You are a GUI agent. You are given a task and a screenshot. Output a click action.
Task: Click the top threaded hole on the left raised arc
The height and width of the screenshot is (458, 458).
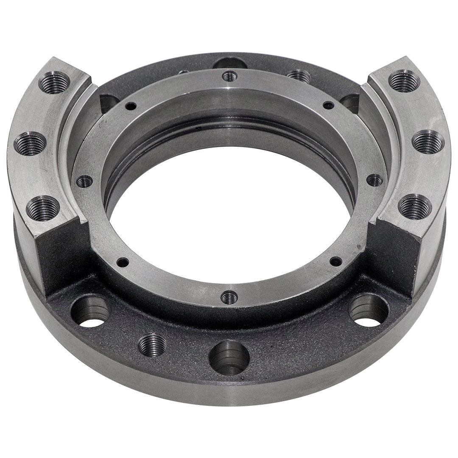pyautogui.click(x=54, y=82)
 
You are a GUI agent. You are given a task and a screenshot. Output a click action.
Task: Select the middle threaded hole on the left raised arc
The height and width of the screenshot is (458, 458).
pyautogui.click(x=30, y=143)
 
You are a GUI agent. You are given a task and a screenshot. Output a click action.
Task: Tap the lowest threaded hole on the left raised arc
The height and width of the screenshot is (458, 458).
pyautogui.click(x=42, y=208)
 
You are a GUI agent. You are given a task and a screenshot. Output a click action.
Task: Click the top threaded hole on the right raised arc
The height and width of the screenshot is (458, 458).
pyautogui.click(x=404, y=81)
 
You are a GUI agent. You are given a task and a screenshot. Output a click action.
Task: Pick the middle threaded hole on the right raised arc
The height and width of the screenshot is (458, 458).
pyautogui.click(x=428, y=142)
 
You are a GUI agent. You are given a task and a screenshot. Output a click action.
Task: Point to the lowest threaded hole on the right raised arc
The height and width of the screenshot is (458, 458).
pyautogui.click(x=415, y=206)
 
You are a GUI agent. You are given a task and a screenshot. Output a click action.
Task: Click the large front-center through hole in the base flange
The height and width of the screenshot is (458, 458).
pyautogui.click(x=229, y=357)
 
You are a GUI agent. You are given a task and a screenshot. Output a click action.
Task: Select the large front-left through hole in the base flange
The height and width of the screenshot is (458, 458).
pyautogui.click(x=90, y=312)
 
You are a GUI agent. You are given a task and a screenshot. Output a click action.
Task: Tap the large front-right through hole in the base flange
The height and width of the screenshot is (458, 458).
pyautogui.click(x=368, y=310)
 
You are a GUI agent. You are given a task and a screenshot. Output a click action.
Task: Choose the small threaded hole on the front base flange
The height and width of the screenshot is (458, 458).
pyautogui.click(x=152, y=345)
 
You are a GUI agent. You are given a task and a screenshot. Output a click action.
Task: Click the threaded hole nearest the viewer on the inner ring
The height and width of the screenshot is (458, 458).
pyautogui.click(x=229, y=297)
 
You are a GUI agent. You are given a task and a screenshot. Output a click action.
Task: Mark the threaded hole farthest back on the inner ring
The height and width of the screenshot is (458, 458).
pyautogui.click(x=229, y=76)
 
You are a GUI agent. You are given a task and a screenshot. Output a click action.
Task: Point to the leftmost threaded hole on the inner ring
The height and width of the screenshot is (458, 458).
pyautogui.click(x=84, y=182)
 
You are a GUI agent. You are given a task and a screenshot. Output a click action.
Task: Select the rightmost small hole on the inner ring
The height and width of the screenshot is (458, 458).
pyautogui.click(x=374, y=180)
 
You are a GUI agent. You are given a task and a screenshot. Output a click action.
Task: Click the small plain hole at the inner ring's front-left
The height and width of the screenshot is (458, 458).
pyautogui.click(x=123, y=261)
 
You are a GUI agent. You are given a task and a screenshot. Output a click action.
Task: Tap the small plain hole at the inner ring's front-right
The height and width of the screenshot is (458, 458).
pyautogui.click(x=335, y=261)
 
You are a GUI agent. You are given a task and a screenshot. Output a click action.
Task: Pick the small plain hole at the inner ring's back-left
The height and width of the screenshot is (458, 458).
pyautogui.click(x=131, y=106)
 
